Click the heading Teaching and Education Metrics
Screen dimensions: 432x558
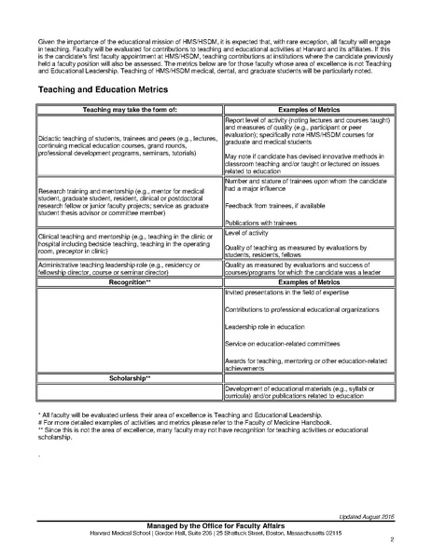(103, 89)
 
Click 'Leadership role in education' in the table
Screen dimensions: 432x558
(268, 352)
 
